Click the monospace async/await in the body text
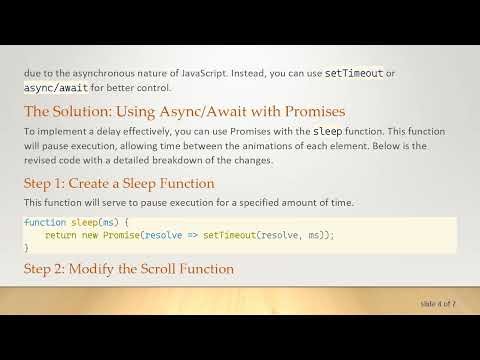click(x=54, y=87)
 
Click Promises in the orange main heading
click(x=306, y=110)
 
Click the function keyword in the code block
click(x=44, y=222)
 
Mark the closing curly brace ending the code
click(x=27, y=246)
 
